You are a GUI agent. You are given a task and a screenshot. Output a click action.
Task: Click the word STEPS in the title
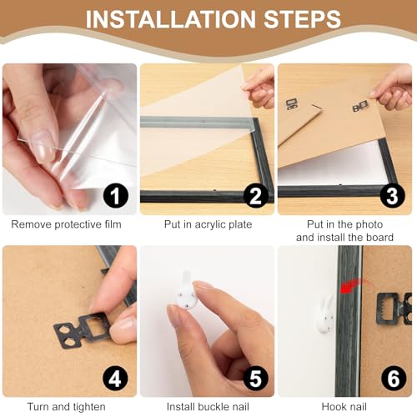click(303, 19)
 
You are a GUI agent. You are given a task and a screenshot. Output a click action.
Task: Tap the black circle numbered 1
click(116, 196)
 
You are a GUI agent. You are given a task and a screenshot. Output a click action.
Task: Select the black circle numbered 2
click(256, 196)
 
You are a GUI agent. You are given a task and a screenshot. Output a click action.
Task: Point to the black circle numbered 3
click(392, 196)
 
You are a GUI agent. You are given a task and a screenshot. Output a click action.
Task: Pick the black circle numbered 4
click(116, 379)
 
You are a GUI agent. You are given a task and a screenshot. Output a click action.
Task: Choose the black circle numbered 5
click(256, 379)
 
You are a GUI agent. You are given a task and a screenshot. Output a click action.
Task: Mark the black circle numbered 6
click(394, 379)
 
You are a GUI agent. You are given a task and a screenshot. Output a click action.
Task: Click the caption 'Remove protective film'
click(66, 224)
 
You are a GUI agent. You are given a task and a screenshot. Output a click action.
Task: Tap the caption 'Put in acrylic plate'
click(208, 224)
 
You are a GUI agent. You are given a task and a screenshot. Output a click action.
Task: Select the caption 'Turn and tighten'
click(66, 407)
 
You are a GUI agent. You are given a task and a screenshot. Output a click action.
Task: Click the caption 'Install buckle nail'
click(208, 407)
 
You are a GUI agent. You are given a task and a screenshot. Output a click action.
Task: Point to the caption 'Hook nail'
click(344, 407)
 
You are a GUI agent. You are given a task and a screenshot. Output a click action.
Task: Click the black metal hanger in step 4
click(83, 329)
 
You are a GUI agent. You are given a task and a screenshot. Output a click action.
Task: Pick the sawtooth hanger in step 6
click(394, 309)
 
